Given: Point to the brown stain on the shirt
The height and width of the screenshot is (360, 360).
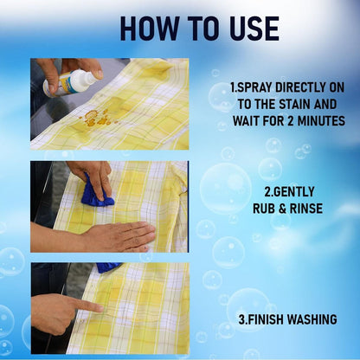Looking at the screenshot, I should click(x=94, y=118).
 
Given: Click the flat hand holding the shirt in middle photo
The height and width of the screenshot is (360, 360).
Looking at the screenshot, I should click(x=121, y=236).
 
